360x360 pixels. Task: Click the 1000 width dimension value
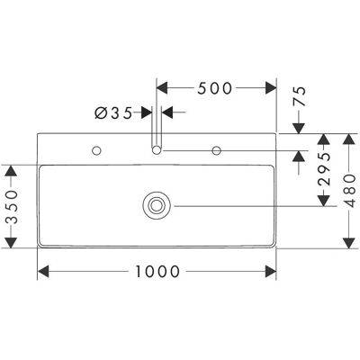157,272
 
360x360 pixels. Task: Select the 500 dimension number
215,88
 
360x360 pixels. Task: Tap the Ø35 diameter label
113,113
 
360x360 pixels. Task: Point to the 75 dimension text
301,96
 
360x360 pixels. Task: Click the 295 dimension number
324,169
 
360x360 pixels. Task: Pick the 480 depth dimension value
349,191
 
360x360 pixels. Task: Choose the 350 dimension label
12,207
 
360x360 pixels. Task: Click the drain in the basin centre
157,206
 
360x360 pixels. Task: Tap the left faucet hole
96,150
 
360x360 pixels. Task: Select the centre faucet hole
157,150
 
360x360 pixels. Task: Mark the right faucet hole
217,150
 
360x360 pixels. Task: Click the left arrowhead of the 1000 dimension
43,272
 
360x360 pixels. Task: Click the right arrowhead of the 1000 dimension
271,272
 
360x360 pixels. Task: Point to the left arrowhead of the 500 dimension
162,88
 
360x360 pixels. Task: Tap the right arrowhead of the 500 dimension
271,88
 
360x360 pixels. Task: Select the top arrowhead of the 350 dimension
11,170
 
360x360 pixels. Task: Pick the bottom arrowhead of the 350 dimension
11,242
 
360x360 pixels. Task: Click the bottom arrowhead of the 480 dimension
349,243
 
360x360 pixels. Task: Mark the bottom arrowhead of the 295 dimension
323,201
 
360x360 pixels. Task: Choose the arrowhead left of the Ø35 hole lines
147,112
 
